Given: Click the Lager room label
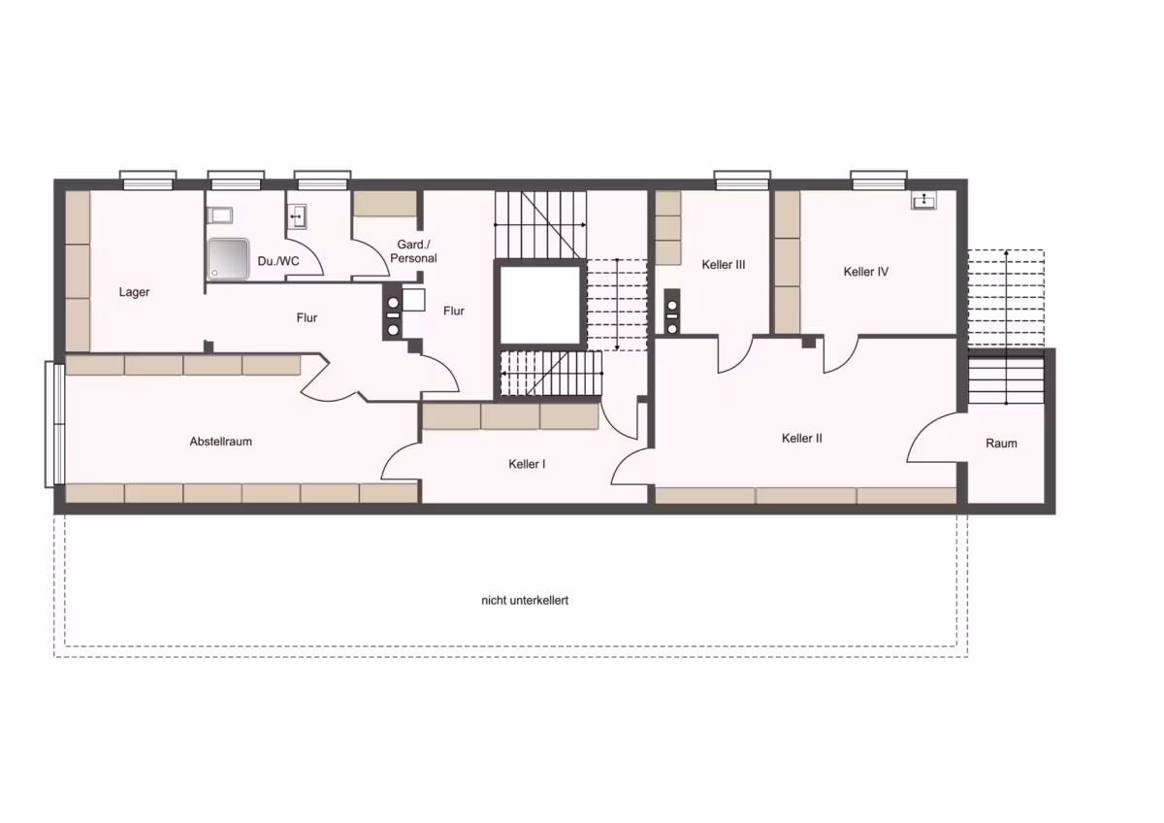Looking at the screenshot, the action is pyautogui.click(x=134, y=292).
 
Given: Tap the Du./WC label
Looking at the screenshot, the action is pyautogui.click(x=278, y=261).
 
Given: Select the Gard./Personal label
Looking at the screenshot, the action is pyautogui.click(x=413, y=251).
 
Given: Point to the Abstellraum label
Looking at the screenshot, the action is pyautogui.click(x=221, y=442).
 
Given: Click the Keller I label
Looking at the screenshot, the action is pyautogui.click(x=527, y=464).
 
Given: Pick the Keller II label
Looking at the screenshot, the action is pyautogui.click(x=802, y=439).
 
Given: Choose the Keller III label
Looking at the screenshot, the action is pyautogui.click(x=724, y=265).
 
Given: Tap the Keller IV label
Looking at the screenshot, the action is pyautogui.click(x=865, y=272).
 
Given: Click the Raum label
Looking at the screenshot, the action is pyautogui.click(x=1001, y=444).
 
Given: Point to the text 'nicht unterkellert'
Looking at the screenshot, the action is pyautogui.click(x=525, y=601).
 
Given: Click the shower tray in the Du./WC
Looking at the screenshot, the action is pyautogui.click(x=228, y=258).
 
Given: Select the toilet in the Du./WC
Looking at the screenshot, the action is pyautogui.click(x=219, y=214).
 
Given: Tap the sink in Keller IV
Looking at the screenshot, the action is pyautogui.click(x=923, y=200).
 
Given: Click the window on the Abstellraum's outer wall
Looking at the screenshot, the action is pyautogui.click(x=54, y=424).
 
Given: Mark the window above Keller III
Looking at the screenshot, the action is pyautogui.click(x=742, y=180).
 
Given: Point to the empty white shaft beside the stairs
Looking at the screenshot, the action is pyautogui.click(x=540, y=305).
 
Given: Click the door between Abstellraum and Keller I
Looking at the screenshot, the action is pyautogui.click(x=401, y=461).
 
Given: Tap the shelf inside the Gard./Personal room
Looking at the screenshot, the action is pyautogui.click(x=385, y=203).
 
